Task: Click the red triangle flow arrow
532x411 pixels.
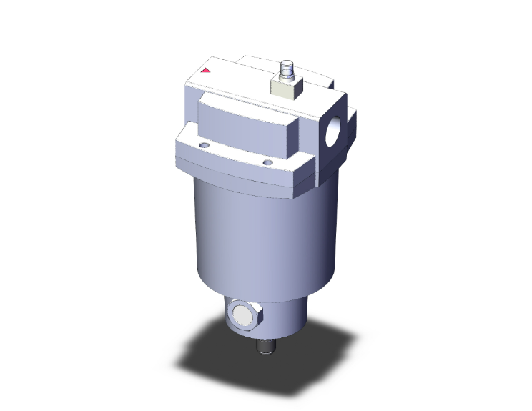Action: [206, 70]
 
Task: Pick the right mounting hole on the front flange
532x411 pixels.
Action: [267, 163]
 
